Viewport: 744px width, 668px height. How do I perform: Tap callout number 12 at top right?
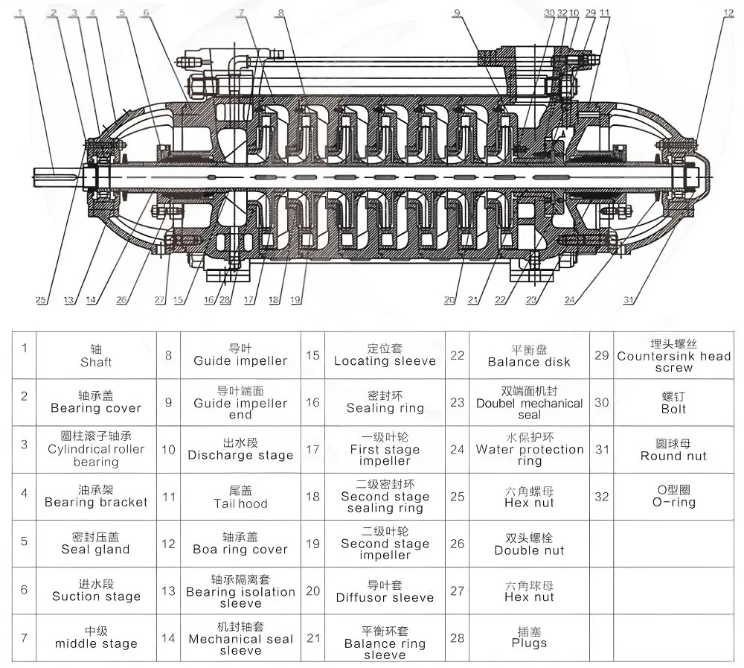[x=728, y=13]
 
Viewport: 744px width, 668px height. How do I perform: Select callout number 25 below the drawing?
[x=41, y=300]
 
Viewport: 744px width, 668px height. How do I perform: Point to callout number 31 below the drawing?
[x=629, y=300]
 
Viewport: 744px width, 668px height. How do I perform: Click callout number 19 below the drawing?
[x=295, y=300]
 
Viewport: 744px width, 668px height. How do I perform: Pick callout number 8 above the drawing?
[x=281, y=13]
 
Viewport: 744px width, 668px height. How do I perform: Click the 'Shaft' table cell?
[x=96, y=355]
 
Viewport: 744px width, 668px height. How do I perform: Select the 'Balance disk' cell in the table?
[x=529, y=355]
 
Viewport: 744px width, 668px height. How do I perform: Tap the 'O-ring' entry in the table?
[x=674, y=497]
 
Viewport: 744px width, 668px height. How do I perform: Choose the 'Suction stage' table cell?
[x=96, y=591]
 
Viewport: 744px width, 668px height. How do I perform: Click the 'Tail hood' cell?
[x=240, y=497]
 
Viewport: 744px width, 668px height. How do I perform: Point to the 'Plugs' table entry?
[x=529, y=637]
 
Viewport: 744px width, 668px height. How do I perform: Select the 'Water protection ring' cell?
[x=529, y=450]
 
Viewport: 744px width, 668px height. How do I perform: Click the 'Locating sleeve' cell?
[x=385, y=355]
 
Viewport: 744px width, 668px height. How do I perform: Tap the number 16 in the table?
[x=312, y=402]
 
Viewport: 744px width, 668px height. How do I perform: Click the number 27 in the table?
[x=457, y=591]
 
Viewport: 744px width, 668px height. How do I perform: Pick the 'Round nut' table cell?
[x=674, y=450]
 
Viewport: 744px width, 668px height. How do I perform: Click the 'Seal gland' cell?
[x=96, y=544]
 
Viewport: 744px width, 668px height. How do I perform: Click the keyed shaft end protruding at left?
[x=58, y=176]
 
